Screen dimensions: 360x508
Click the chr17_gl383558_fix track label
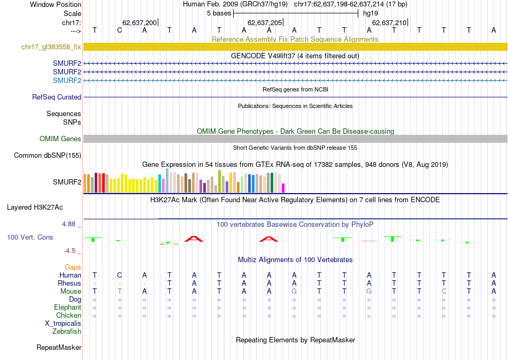pos(51,47)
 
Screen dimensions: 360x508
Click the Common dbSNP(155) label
pos(48,156)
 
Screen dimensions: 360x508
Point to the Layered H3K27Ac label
pos(44,207)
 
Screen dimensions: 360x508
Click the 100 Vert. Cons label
pos(30,237)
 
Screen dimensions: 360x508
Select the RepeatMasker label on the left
pos(59,348)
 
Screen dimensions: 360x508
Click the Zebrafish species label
pos(67,332)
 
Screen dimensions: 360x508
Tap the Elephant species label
pos(67,308)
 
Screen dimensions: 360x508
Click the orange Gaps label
pos(73,267)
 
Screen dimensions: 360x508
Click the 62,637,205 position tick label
pos(265,23)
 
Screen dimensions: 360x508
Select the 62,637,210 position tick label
pos(389,23)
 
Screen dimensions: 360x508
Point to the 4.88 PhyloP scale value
pos(72,224)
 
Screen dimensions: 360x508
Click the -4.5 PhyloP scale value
pos(72,250)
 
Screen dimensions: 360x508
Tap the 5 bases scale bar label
pos(219,13)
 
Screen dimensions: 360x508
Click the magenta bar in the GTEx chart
pos(283,188)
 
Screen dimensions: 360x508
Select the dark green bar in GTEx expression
pos(272,182)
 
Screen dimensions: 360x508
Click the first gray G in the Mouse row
pos(294,292)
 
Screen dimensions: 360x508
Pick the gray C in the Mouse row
pos(444,292)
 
